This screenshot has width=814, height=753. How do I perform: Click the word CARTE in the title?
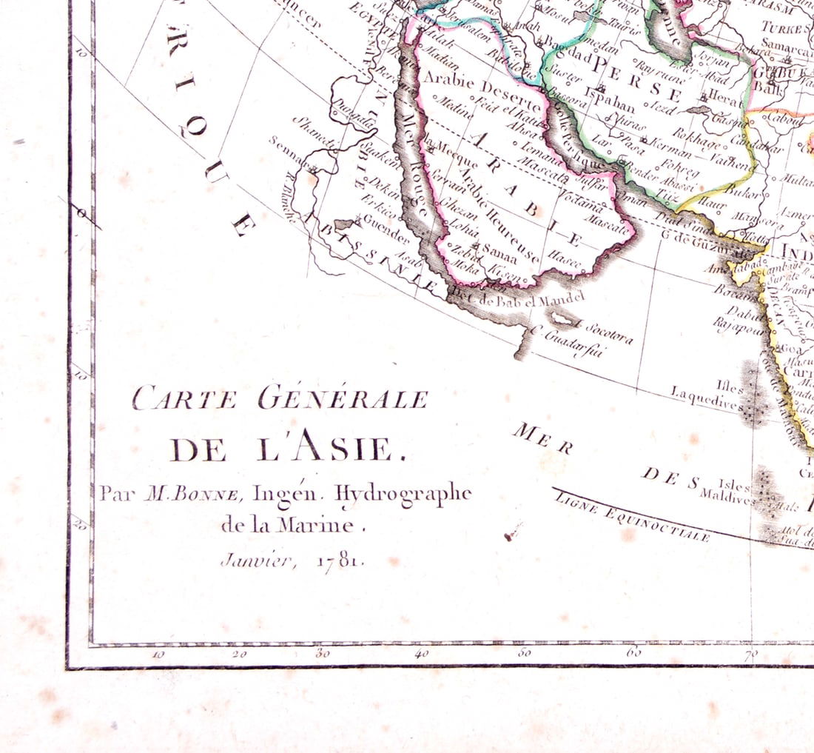pos(184,400)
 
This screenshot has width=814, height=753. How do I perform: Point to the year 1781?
pos(340,560)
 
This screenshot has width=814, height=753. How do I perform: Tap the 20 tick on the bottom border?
pos(238,654)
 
